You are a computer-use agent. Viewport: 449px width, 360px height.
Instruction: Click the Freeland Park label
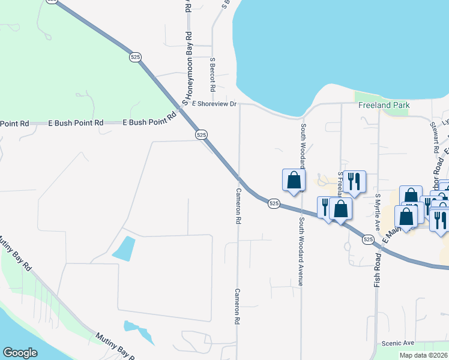pos(384,105)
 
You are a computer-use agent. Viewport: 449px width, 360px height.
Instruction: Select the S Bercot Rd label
pos(212,70)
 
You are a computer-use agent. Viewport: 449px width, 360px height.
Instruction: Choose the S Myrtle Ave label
pos(378,212)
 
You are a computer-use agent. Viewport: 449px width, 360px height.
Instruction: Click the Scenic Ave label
pos(398,343)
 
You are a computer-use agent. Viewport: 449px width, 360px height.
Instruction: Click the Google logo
pos(20,353)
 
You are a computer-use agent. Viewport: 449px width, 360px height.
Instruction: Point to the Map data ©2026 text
pos(424,355)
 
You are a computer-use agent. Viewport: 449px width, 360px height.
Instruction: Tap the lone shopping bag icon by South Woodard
pos(294,180)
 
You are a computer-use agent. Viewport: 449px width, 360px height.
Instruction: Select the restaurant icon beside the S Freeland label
pos(355,181)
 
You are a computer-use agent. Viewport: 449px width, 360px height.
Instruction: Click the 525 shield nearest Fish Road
pos(368,239)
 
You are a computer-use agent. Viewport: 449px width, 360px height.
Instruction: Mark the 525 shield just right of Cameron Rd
pos(274,203)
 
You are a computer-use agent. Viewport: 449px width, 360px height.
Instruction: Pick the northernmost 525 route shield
pos(135,56)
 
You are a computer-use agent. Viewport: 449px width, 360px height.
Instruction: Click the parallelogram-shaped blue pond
pos(124,248)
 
